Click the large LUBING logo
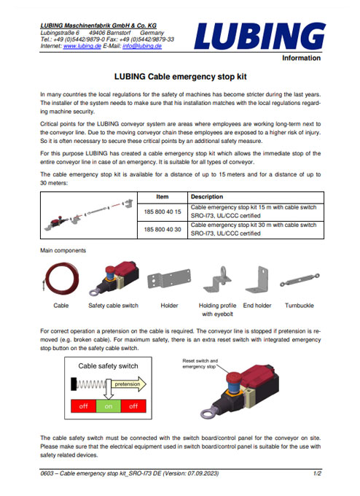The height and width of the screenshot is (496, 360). [x=265, y=36]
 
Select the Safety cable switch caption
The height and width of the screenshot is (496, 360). [x=113, y=306]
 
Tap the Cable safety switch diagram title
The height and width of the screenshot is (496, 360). [x=108, y=366]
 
